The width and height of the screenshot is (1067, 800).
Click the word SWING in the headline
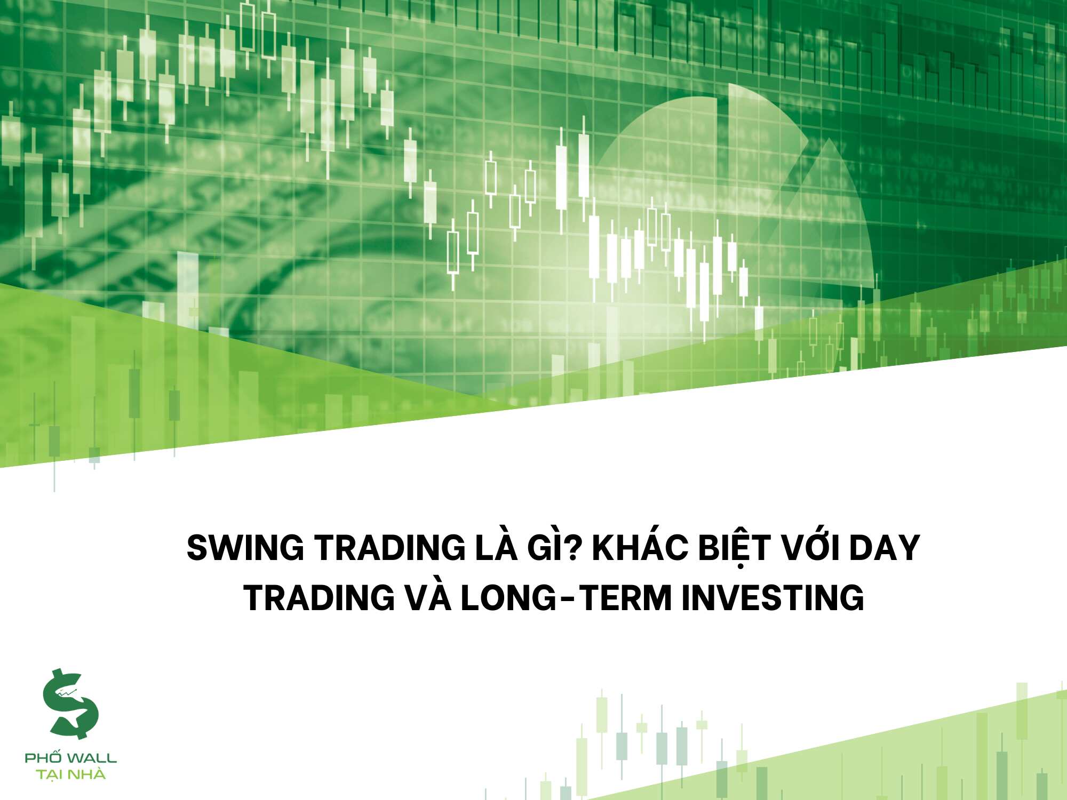point(245,548)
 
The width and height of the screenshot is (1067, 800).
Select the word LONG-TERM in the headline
point(566,598)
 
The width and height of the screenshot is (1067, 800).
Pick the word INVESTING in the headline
point(773,598)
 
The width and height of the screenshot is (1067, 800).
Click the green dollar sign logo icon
point(70,704)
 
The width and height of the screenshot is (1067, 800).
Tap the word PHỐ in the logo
point(44,757)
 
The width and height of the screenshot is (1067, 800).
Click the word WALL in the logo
point(92,758)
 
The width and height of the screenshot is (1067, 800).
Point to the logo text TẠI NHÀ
point(71,774)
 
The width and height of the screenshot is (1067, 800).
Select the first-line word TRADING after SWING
point(389,548)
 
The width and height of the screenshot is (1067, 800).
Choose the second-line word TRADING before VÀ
point(319,598)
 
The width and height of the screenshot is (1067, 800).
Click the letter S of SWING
point(197,548)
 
